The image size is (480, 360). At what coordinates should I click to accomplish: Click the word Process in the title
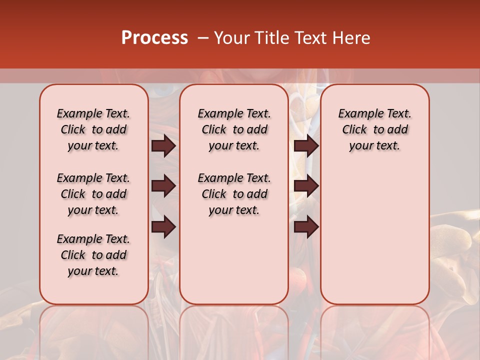(154, 38)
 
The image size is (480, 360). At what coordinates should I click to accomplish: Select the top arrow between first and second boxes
(163, 146)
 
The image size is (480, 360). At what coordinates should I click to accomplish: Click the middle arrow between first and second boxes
(163, 186)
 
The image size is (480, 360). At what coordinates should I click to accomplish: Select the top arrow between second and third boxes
(306, 146)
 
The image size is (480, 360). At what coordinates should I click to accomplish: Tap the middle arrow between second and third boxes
(306, 186)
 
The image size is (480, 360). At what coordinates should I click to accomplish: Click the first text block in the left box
(93, 129)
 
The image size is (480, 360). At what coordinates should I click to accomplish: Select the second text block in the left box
(93, 194)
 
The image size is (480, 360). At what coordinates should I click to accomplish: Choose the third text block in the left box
(93, 255)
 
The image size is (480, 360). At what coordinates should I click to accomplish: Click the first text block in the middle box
(234, 129)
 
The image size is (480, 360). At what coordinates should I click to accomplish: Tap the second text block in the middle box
(234, 194)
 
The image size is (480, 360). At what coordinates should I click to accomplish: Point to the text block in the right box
(375, 129)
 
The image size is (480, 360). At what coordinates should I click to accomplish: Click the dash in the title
(203, 38)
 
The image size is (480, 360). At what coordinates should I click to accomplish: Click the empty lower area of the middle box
(234, 260)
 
